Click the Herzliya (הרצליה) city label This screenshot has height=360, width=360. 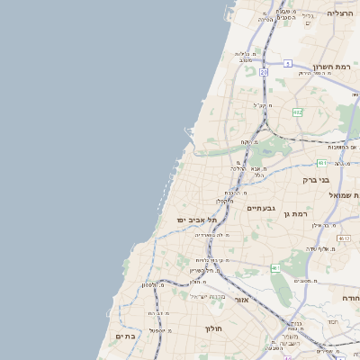340,13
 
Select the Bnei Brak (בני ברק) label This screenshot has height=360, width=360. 319,179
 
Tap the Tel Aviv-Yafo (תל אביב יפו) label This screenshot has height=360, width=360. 194,220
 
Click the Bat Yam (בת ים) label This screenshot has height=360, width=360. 124,337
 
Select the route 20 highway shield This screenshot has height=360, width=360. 264,71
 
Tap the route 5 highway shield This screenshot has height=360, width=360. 287,63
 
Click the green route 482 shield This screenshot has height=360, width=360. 298,112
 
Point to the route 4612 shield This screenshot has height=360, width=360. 344,238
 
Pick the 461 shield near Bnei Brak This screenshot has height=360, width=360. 321,163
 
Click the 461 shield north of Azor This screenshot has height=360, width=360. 275,268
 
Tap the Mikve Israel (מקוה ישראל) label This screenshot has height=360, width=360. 210,296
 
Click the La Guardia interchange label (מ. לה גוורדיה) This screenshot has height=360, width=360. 212,234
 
